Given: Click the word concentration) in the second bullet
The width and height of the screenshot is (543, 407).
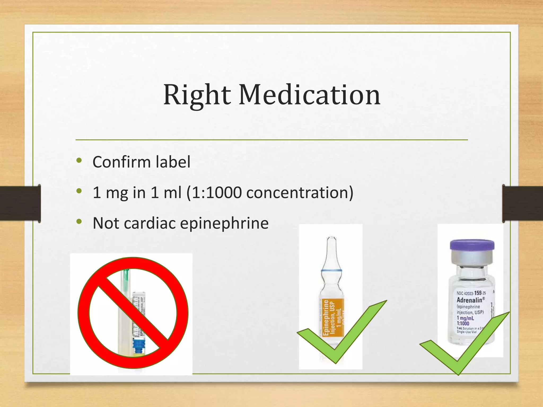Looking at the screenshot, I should click(x=300, y=193).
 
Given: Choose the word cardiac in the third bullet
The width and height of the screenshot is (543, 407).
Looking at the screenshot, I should click(x=150, y=223).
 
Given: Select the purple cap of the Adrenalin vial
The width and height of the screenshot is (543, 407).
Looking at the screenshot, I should click(x=472, y=245).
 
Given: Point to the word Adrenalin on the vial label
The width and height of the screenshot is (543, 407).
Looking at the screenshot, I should click(x=469, y=300).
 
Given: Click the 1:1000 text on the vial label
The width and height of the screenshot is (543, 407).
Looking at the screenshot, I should click(x=463, y=324).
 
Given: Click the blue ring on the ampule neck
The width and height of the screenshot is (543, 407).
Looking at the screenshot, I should click(x=331, y=271).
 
